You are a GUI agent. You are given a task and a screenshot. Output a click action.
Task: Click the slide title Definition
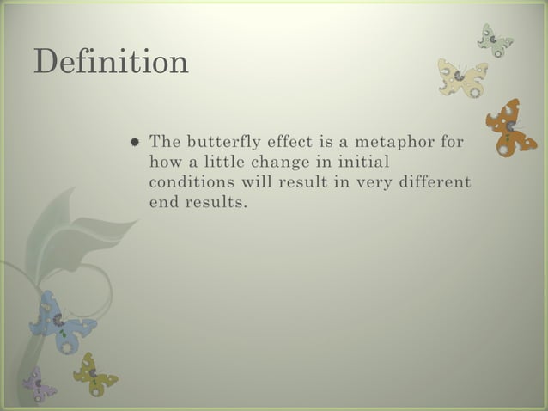pyautogui.click(x=111, y=62)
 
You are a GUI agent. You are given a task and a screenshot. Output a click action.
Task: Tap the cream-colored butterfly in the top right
pyautogui.click(x=462, y=77)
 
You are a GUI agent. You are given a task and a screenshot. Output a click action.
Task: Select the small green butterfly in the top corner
pyautogui.click(x=496, y=40)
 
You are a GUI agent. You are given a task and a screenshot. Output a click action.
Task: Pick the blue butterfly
pyautogui.click(x=61, y=322)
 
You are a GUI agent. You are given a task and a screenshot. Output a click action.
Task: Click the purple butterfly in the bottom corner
pyautogui.click(x=38, y=385)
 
